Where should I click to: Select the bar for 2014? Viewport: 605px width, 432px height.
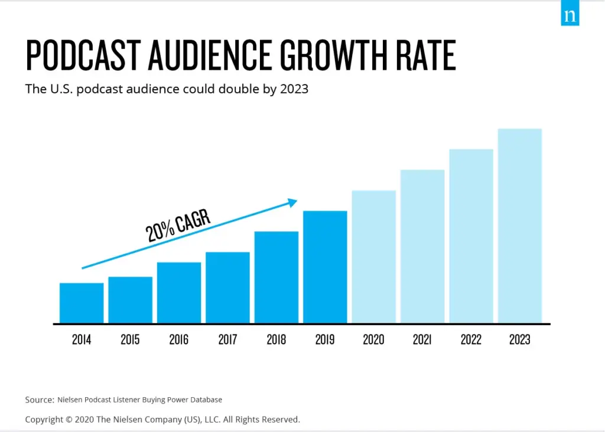[x=82, y=303]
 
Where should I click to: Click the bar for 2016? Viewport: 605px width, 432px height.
[x=179, y=293]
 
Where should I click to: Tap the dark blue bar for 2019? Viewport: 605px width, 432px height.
[x=325, y=267]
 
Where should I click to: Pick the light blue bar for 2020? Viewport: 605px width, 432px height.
[x=373, y=256]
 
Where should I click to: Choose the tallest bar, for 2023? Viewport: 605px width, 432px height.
[x=519, y=226]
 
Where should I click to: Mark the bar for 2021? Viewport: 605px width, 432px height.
[x=422, y=246]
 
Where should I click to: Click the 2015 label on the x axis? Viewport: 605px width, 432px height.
[x=130, y=340]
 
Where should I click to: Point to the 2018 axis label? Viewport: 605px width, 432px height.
[x=276, y=340]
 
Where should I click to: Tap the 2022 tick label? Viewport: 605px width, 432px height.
[x=471, y=340]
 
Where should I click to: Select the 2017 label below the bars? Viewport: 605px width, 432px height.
[x=227, y=340]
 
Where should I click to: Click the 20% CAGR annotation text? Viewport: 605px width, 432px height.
[x=178, y=225]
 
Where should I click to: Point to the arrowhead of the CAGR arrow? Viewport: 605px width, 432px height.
[x=292, y=203]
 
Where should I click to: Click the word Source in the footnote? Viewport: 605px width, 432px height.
[x=38, y=400]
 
